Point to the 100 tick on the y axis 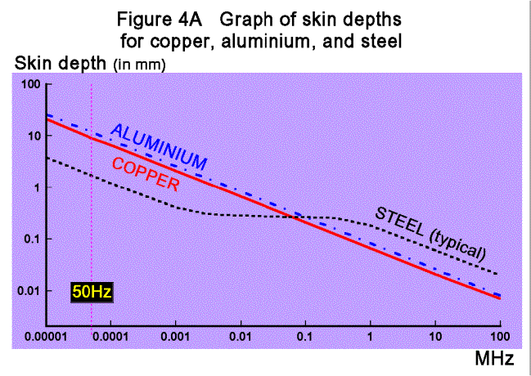30,85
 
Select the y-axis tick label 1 36,188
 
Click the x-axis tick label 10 435,337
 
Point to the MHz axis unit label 494,358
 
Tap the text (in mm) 140,65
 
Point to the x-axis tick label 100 498,337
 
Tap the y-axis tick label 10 34,137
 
